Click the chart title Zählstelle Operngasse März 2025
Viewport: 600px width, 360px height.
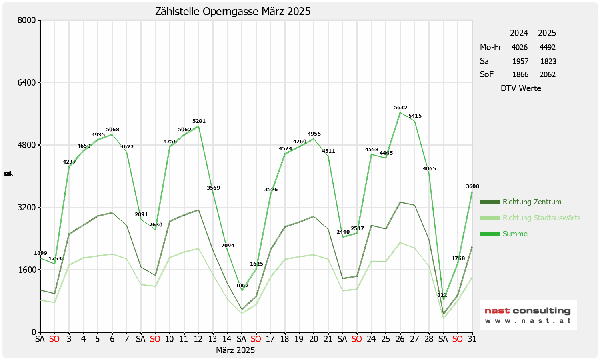coord(232,12)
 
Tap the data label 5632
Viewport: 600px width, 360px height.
coord(400,108)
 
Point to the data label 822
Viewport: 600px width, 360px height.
coord(442,295)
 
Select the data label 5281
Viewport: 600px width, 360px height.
coord(199,121)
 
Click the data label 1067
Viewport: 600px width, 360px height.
coord(242,286)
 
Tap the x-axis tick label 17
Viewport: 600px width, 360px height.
coord(270,339)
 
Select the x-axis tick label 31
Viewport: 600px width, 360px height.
coord(472,339)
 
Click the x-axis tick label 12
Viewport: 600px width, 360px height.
coord(198,339)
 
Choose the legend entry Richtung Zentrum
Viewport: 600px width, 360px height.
coord(532,202)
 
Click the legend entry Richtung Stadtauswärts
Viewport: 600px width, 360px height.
coord(541,218)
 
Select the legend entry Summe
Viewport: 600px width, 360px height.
coord(515,234)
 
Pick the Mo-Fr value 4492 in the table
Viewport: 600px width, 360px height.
coord(548,47)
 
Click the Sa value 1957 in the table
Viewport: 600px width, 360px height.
coord(520,62)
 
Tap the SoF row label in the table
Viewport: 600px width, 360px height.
coord(487,74)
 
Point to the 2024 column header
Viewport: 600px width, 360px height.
coord(519,33)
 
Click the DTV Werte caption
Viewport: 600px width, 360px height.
coord(521,88)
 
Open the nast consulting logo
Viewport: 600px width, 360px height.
coord(528,315)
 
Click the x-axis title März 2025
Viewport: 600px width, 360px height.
coord(235,350)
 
